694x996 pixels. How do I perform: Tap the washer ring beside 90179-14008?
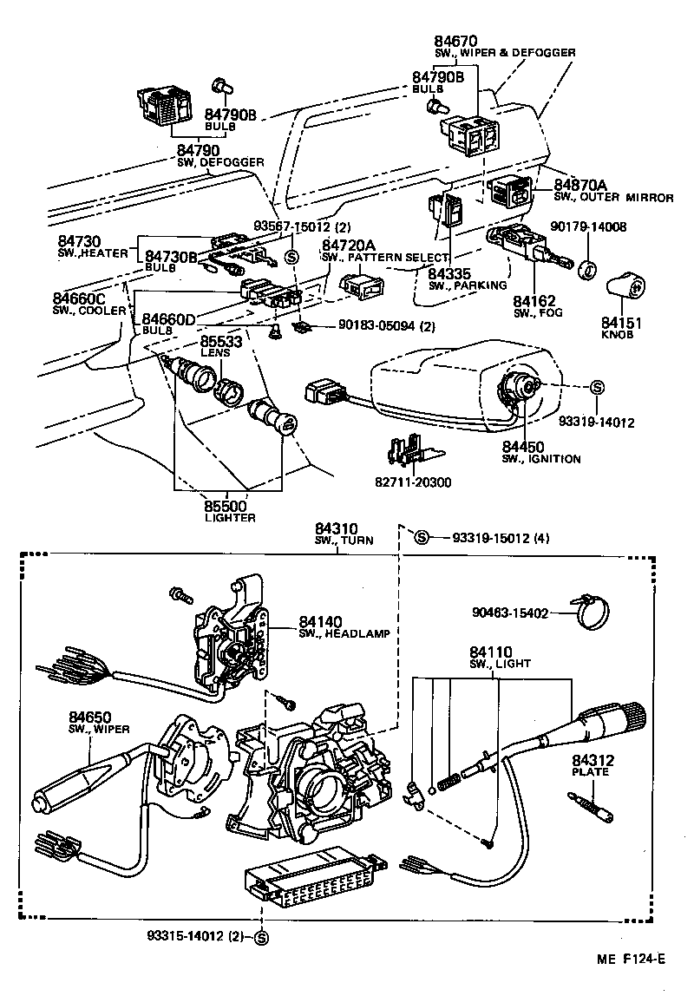(588, 268)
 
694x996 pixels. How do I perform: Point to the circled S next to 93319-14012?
(597, 386)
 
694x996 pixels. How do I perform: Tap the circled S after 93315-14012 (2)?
(261, 936)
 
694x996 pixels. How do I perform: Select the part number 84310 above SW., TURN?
(336, 528)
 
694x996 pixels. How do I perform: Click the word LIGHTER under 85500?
(230, 518)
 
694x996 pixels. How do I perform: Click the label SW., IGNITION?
(540, 459)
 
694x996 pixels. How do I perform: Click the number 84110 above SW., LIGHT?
(491, 652)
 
